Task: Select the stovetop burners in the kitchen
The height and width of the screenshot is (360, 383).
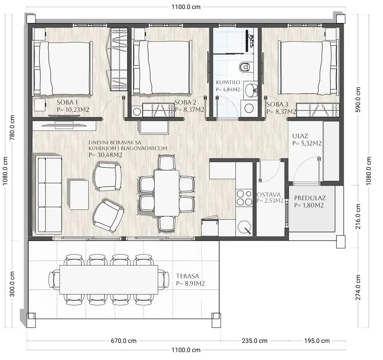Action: point(244,198)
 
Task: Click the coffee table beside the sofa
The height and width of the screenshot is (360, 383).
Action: point(79,194)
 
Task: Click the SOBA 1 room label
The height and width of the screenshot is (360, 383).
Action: point(67,102)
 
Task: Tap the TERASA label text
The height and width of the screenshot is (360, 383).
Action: point(187,276)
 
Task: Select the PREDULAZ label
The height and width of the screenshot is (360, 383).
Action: point(310,198)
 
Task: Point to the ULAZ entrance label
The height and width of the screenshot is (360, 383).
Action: point(300,136)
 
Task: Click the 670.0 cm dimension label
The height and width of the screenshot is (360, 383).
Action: point(123,341)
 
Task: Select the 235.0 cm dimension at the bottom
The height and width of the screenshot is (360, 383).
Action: point(255,341)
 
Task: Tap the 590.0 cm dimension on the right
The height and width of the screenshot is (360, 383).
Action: point(357,99)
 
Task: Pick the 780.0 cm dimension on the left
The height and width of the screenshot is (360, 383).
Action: point(12,127)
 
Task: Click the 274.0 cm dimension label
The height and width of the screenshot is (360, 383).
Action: point(358,287)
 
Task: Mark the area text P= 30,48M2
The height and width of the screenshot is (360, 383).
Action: point(105,155)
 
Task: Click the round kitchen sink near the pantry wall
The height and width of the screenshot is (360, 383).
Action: point(244,227)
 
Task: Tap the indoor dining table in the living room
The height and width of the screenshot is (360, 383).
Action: point(167,193)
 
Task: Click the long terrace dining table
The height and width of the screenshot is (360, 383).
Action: point(109,279)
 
